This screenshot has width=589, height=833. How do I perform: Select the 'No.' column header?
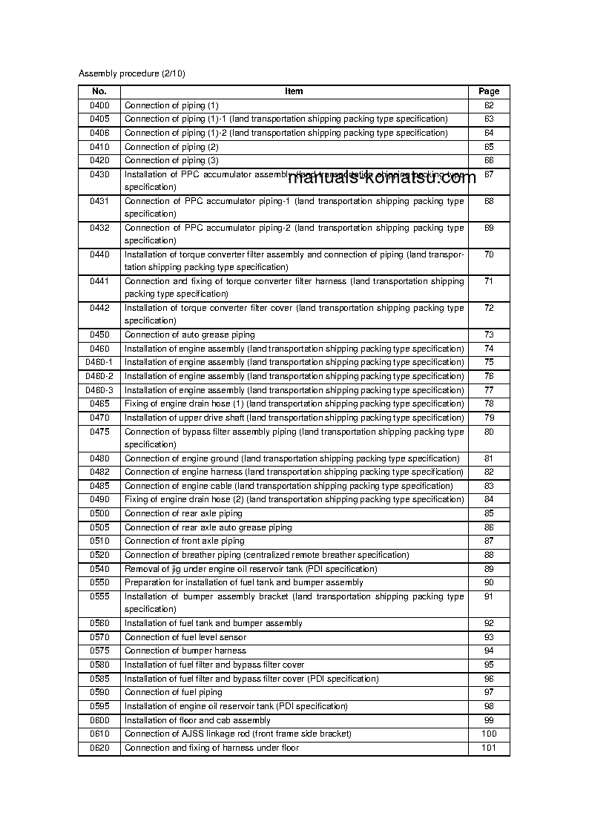[99, 91]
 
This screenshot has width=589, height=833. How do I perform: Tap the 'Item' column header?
[294, 91]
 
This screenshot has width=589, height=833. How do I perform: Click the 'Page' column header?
[489, 91]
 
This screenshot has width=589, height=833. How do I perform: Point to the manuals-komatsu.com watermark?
[381, 178]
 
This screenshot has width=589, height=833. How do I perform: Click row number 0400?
[99, 105]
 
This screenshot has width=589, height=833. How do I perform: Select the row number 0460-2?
[99, 376]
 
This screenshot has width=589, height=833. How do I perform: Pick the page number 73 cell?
[489, 335]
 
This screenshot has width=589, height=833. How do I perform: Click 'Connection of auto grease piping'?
[189, 335]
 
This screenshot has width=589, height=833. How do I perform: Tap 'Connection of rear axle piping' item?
[183, 513]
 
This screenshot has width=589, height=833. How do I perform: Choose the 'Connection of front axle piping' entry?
[184, 541]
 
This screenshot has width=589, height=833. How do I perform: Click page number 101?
[489, 748]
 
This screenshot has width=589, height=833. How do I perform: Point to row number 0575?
[99, 651]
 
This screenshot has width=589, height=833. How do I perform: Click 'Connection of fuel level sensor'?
[185, 637]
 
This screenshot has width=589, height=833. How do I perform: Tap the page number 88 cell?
[489, 555]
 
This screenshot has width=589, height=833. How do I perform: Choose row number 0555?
[99, 596]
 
